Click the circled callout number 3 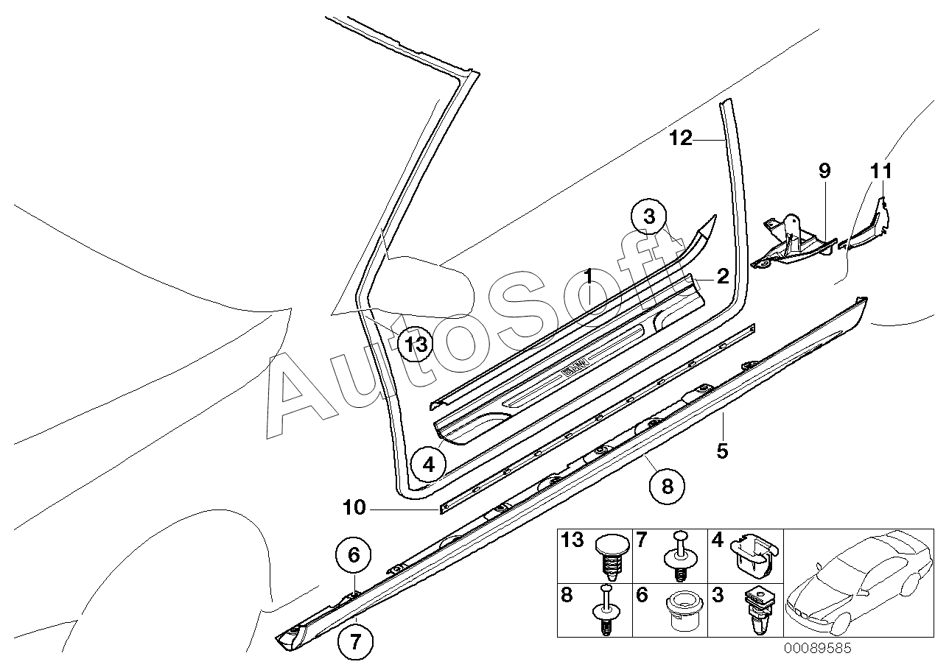pos(648,217)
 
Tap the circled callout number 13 pos(416,343)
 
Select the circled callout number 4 pos(429,465)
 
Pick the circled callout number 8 pos(667,485)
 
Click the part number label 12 pos(682,138)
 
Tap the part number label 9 pos(824,171)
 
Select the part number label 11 pos(880,171)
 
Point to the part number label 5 pos(722,450)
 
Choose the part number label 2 pos(723,277)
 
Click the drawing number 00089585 pos(817,649)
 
